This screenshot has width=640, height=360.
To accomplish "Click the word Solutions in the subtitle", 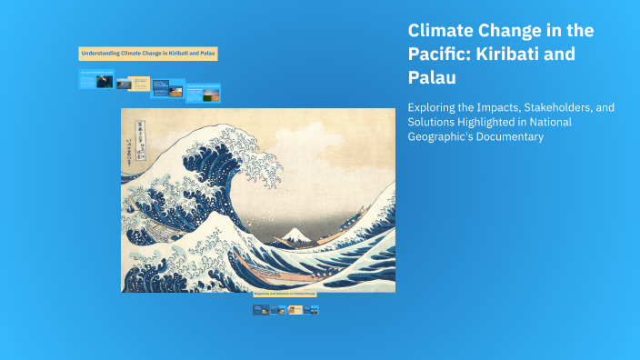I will (433, 122).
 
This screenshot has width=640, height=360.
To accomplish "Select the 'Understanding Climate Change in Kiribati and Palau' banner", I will (149, 55).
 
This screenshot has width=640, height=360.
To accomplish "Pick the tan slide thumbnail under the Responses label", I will (296, 310).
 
